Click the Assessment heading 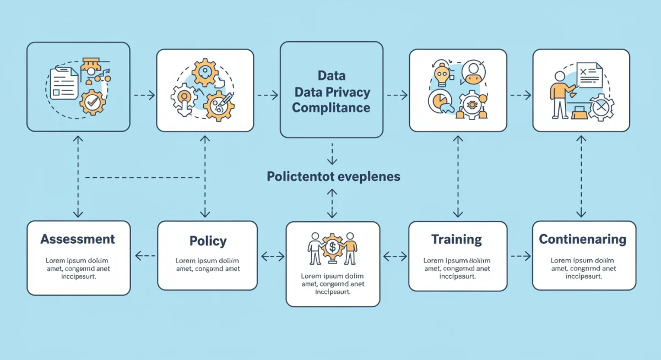coord(78,239)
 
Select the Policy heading coord(208,241)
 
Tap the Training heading coord(457,239)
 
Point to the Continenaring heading coord(583,239)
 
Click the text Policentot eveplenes coord(333,177)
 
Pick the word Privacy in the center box coord(349,92)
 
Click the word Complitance coord(331,107)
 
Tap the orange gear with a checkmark coord(91,102)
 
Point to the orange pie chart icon coord(439,102)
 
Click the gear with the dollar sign coord(333,247)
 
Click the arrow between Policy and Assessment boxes coord(144,255)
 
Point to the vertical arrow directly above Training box coord(457,175)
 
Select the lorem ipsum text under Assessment coord(78,268)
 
